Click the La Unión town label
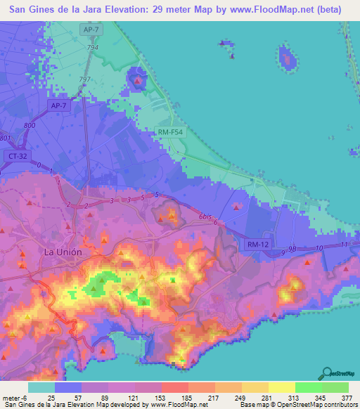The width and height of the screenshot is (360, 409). click(63, 252)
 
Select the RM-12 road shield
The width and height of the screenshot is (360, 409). click(258, 244)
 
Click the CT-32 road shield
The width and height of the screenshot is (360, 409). click(16, 155)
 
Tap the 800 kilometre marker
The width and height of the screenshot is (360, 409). click(29, 125)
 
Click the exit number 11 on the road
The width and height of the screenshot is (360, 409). click(342, 244)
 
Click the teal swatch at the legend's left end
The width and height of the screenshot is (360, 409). click(41, 387)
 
